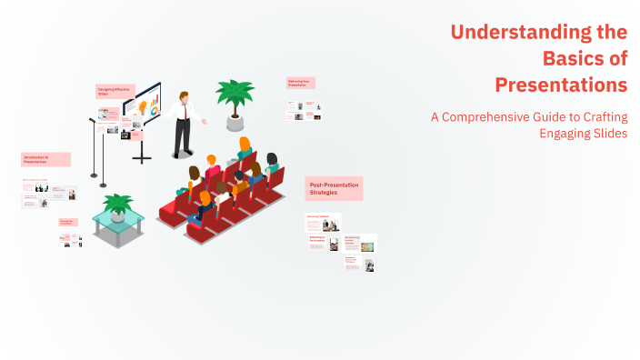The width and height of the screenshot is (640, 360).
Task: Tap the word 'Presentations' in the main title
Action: click(561, 85)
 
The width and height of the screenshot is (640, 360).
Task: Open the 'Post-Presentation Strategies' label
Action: click(333, 188)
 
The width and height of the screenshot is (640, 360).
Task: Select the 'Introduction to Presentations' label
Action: click(45, 159)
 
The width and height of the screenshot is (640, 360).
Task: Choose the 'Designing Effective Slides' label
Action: click(115, 91)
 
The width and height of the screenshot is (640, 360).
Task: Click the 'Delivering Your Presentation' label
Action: click(300, 83)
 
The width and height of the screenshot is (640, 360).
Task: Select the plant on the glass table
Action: click(118, 205)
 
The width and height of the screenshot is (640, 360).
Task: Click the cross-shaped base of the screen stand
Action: click(142, 157)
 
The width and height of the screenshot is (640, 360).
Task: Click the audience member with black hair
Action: click(194, 173)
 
